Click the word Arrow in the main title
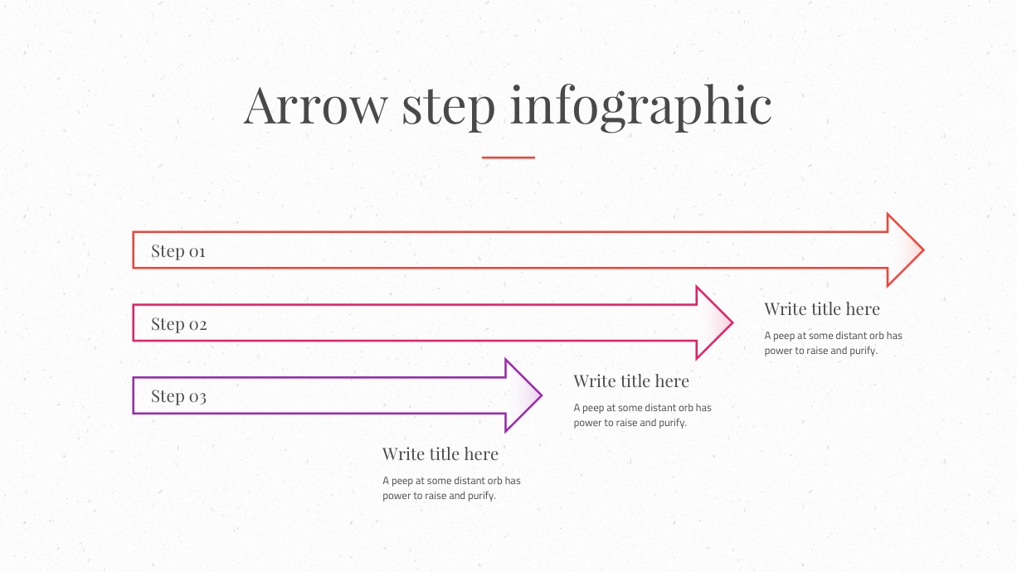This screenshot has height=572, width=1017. click(315, 105)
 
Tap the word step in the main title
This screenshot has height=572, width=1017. click(449, 109)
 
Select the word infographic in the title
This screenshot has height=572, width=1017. click(641, 108)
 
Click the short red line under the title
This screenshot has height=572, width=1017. click(508, 158)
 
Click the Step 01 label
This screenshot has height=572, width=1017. click(178, 251)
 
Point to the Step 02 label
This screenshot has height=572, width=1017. click(179, 324)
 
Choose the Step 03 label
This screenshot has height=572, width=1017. click(178, 396)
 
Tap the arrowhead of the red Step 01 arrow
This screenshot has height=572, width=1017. click(905, 250)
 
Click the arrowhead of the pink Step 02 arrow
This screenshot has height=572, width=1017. click(714, 322)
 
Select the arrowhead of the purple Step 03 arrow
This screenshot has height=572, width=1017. click(523, 395)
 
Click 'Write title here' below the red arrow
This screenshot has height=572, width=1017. click(822, 309)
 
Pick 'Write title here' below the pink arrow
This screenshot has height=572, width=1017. click(631, 381)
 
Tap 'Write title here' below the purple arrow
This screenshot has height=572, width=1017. click(440, 454)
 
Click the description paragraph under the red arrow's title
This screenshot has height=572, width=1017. click(833, 343)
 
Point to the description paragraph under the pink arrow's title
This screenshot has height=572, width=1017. click(642, 415)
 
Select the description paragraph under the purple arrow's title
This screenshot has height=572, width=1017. click(451, 488)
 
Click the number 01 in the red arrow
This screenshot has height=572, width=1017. click(197, 251)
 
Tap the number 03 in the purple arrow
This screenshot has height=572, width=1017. click(197, 397)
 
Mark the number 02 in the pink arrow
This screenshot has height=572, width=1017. click(198, 325)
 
